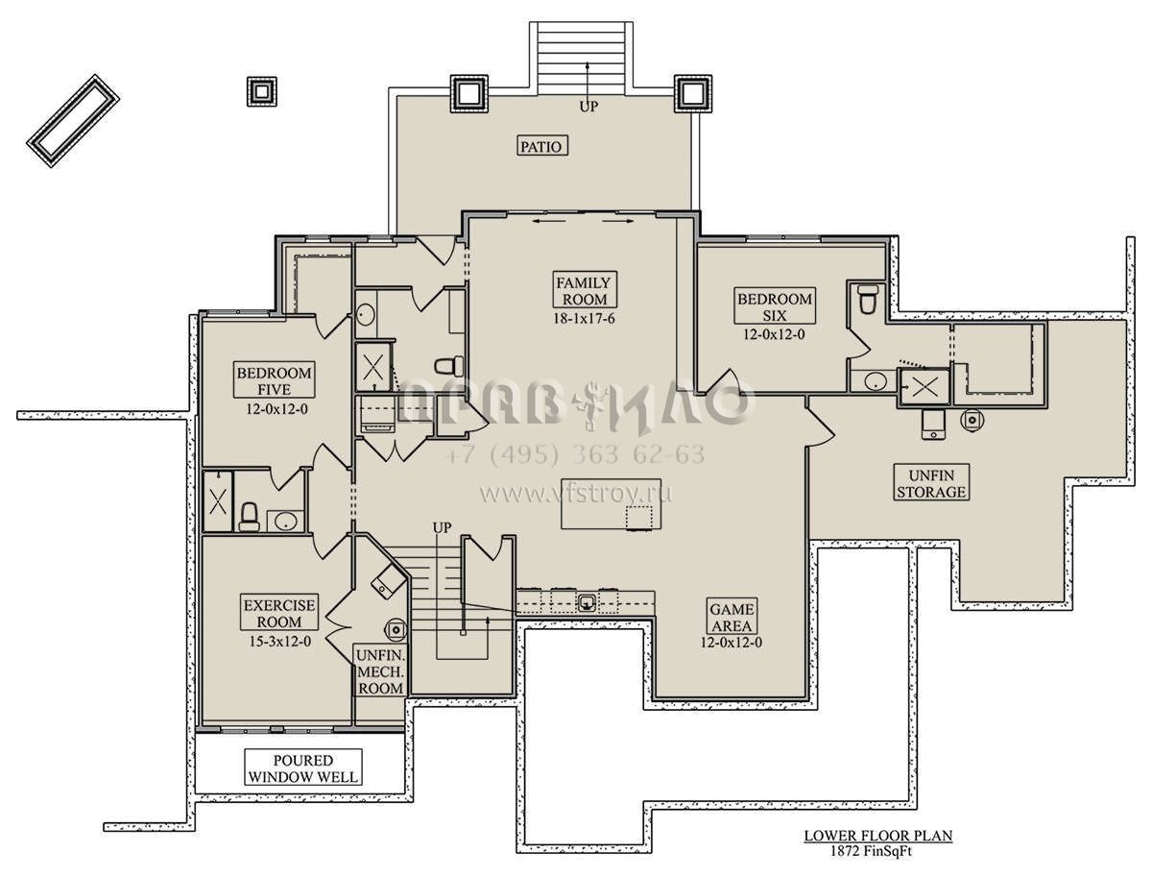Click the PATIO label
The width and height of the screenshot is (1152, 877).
(x=541, y=146)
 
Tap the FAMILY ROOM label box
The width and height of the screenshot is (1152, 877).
(x=585, y=290)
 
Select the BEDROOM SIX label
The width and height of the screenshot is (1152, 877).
(x=775, y=306)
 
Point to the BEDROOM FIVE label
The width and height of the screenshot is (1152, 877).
(x=274, y=380)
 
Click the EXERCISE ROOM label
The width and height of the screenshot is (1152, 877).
(x=279, y=612)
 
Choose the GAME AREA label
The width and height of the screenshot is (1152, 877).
(x=732, y=617)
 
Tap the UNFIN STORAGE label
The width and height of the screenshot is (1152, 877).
(x=931, y=482)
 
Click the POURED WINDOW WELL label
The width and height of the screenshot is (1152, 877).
(x=303, y=767)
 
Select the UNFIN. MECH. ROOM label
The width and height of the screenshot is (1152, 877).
(x=380, y=671)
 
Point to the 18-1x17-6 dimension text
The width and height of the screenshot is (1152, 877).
(x=584, y=319)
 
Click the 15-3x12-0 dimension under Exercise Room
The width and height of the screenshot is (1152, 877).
(x=279, y=642)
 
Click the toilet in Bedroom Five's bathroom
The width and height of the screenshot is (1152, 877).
(x=249, y=517)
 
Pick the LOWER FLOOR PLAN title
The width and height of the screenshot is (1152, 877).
(x=878, y=836)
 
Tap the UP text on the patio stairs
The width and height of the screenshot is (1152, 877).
(x=588, y=107)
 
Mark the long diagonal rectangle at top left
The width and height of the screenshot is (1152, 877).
(x=73, y=121)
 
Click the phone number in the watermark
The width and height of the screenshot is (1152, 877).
(x=575, y=454)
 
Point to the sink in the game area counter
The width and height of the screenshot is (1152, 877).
(x=587, y=602)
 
